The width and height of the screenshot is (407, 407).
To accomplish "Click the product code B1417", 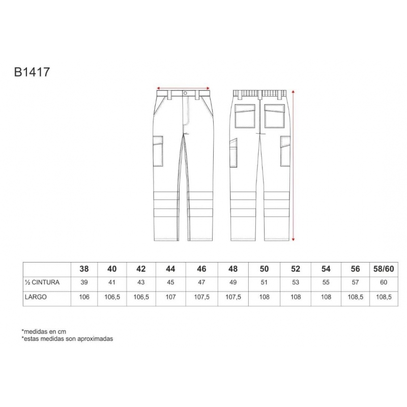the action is [x=32, y=72].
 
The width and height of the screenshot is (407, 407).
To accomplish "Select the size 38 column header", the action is [x=84, y=269].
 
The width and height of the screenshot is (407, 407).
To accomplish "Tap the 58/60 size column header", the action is [x=384, y=269].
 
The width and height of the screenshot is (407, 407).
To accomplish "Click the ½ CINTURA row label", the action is [x=42, y=282].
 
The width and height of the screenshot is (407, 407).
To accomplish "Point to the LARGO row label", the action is [x=36, y=297].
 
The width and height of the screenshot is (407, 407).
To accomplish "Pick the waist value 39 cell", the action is [x=84, y=282].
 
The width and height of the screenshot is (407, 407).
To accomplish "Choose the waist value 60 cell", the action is [x=384, y=282].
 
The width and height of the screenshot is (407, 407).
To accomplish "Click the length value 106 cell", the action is [x=84, y=297].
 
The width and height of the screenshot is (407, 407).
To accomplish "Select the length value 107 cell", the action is [x=170, y=297].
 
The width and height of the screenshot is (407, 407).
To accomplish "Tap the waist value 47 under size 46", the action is [x=201, y=282].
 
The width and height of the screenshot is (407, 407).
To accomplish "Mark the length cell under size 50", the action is [x=264, y=297].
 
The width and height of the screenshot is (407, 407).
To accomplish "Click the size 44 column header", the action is [x=170, y=269].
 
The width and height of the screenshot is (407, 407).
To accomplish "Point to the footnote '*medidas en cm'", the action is [x=44, y=332].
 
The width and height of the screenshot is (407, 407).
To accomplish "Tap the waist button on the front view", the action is [x=185, y=93].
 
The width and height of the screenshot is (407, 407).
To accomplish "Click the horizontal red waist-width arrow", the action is [x=183, y=88].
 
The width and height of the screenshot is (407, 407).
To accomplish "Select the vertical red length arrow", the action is [x=294, y=166].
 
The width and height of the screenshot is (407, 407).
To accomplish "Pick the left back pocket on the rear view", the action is [x=245, y=116].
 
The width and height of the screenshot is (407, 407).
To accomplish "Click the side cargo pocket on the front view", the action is [x=158, y=151].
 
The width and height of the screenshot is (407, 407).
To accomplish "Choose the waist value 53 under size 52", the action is [x=296, y=282].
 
